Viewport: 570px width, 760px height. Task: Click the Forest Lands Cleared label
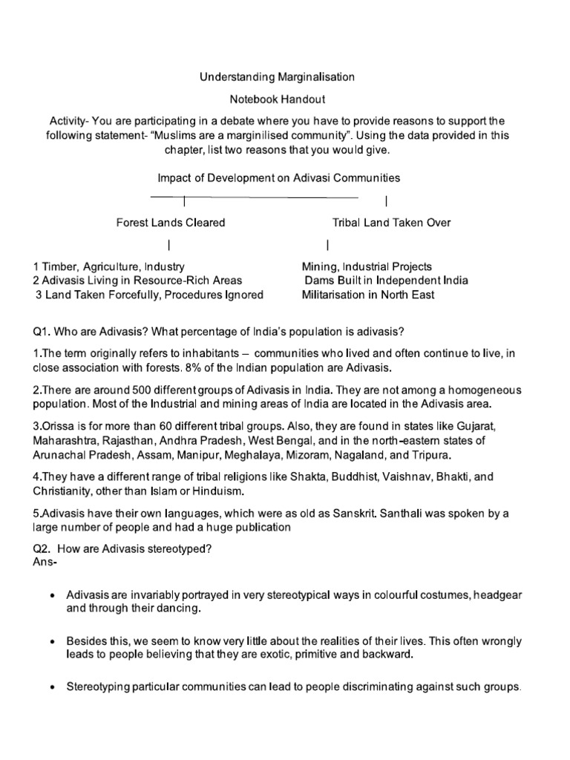[x=170, y=223]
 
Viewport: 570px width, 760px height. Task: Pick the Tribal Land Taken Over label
[x=390, y=223]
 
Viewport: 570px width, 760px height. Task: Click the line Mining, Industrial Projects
[x=367, y=266]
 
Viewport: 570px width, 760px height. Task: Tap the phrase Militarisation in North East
[x=368, y=295]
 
